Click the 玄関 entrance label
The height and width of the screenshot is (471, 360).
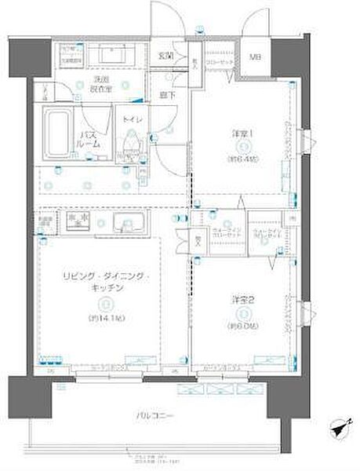pos(166,55)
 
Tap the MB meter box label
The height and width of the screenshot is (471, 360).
pos(256,57)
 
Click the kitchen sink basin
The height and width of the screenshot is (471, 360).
pos(129,224)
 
